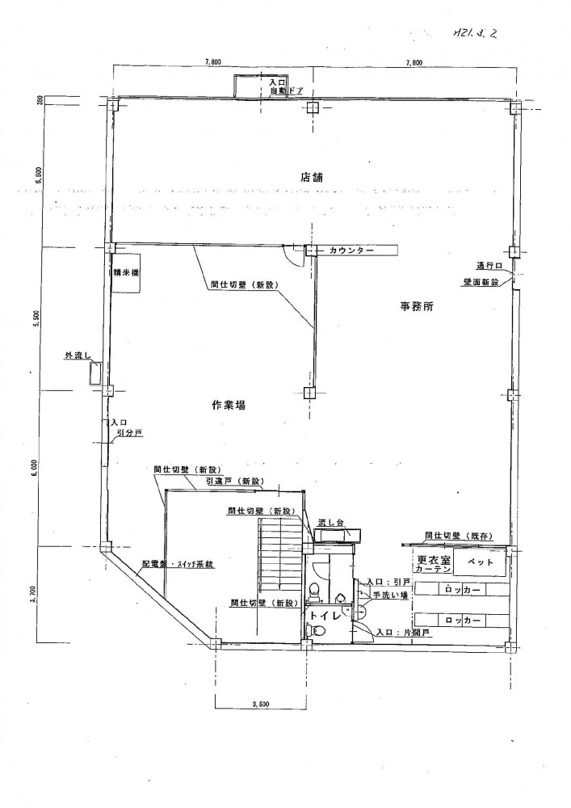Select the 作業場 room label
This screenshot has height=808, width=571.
coord(229,406)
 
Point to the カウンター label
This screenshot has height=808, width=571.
coord(351,251)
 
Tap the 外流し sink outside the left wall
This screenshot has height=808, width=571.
coord(96,374)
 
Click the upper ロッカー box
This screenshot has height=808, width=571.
coord(463,590)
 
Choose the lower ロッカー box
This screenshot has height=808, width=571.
coord(463,620)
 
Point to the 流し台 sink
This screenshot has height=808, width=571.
coord(331,524)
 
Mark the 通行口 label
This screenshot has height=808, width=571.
coord(489,265)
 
